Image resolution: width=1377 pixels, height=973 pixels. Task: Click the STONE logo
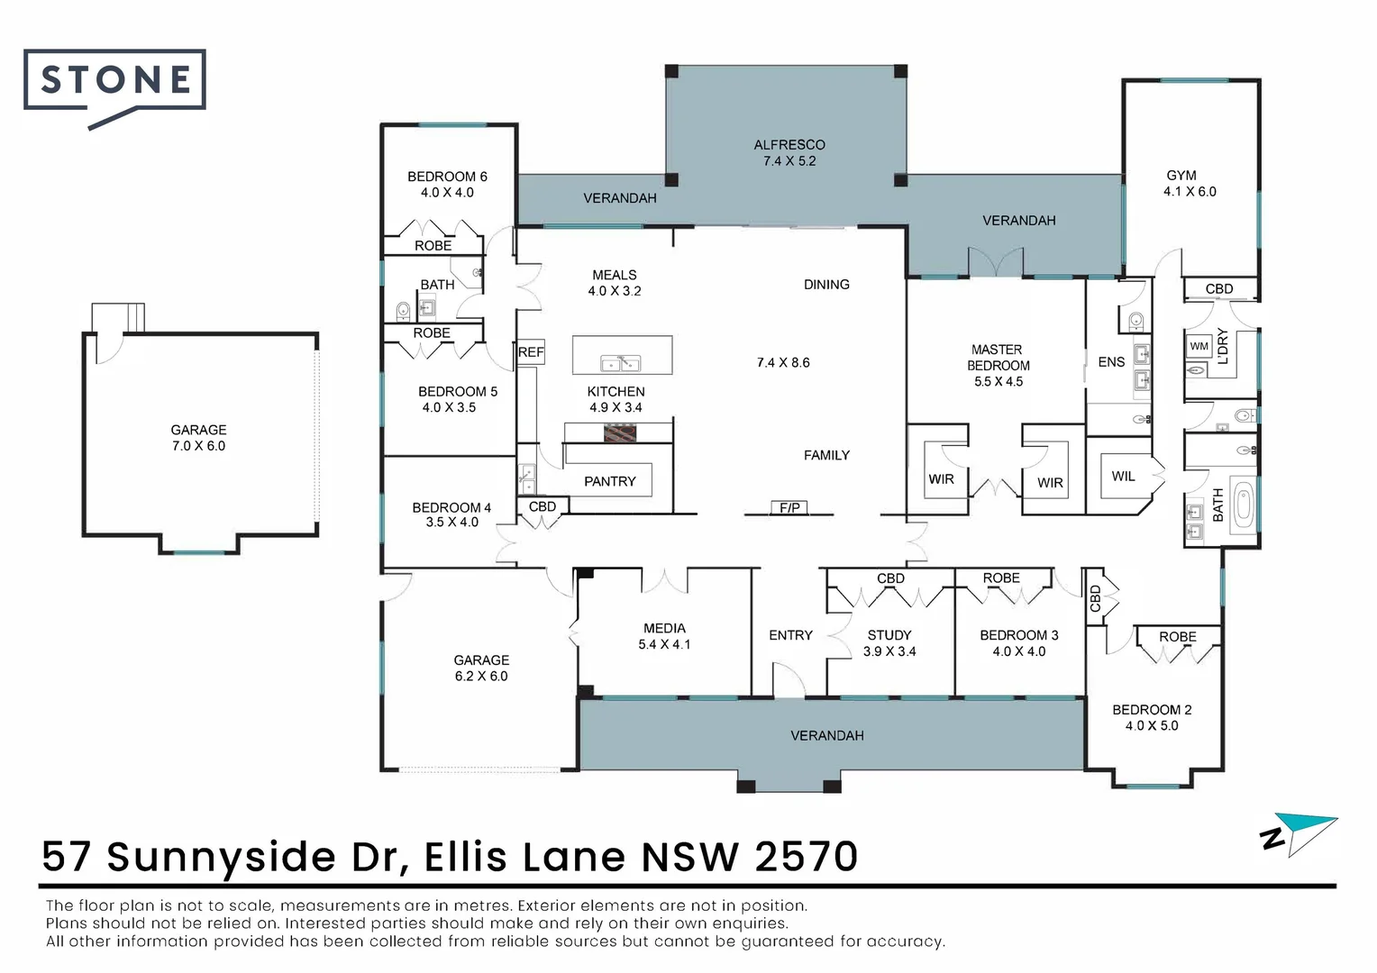(114, 86)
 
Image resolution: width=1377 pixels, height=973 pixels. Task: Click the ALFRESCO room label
(789, 145)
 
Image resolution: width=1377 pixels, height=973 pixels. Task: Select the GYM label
(1181, 175)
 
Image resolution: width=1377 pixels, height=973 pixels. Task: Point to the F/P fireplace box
(789, 507)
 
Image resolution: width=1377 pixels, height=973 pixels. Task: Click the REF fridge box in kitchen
(531, 352)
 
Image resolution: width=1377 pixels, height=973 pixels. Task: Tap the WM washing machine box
(1199, 346)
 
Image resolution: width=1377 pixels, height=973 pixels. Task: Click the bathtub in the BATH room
(1244, 505)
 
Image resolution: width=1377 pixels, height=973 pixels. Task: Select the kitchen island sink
(621, 364)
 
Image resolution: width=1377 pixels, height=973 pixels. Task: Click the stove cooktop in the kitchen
(620, 433)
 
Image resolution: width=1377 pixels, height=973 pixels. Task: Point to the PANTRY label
(610, 481)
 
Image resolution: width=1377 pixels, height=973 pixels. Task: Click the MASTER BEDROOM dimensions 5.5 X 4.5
(999, 382)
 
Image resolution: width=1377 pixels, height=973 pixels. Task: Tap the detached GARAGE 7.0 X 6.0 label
(198, 438)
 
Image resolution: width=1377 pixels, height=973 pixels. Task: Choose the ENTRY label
(790, 635)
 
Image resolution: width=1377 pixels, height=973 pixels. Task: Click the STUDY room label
(889, 635)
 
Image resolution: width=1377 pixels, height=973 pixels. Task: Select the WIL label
(1123, 477)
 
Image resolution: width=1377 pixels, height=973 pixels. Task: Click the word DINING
(826, 285)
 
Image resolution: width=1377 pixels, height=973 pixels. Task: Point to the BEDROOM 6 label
(448, 177)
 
